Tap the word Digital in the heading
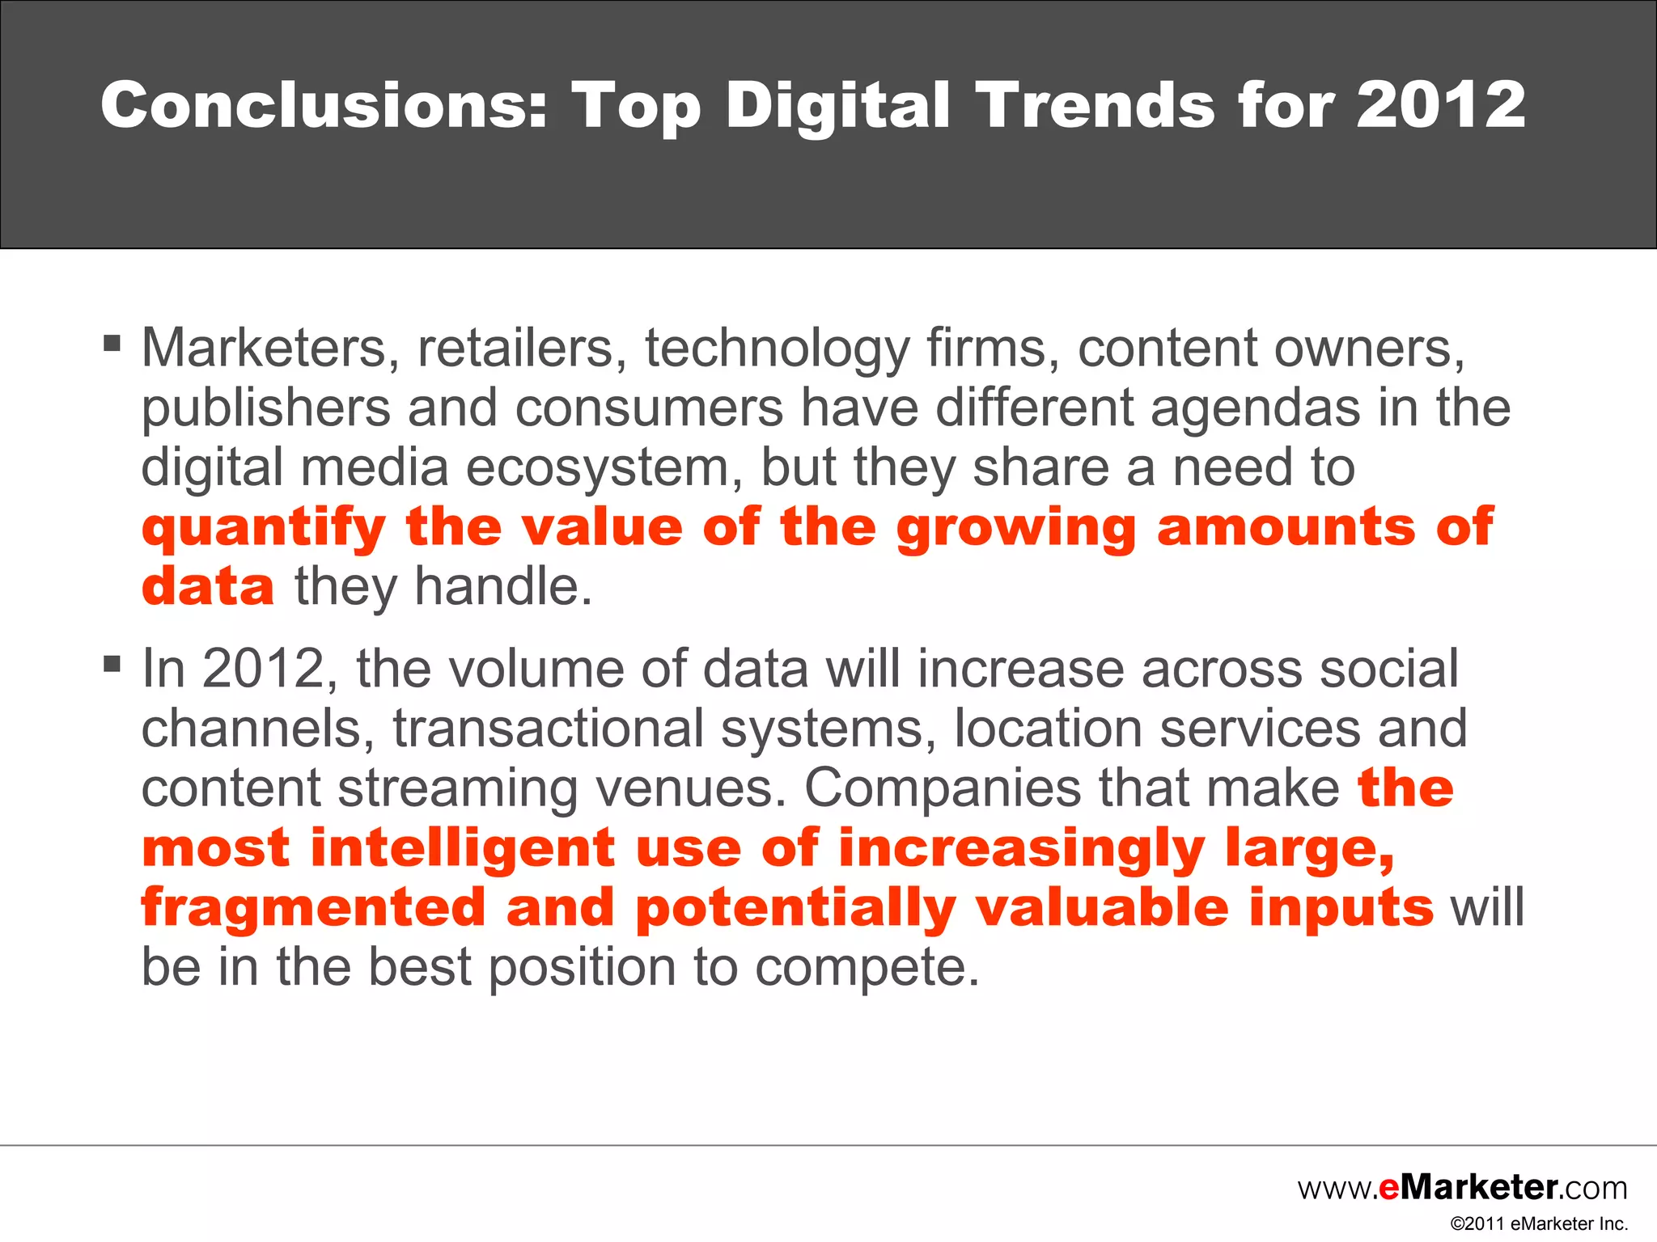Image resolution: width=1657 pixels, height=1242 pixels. (837, 107)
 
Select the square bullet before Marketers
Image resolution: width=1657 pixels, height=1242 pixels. (112, 344)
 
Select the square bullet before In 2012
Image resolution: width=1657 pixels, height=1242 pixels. (112, 665)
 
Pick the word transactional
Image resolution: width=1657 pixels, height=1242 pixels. (548, 729)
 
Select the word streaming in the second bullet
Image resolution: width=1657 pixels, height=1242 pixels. (457, 788)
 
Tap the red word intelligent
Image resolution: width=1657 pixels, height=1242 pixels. (463, 848)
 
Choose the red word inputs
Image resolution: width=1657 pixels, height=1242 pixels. (1341, 908)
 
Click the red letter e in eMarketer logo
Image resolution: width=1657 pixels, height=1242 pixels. (1388, 1188)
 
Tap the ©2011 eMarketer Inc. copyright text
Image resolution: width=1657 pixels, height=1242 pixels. (1539, 1224)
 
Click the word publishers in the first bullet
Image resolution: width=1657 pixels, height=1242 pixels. (266, 408)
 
